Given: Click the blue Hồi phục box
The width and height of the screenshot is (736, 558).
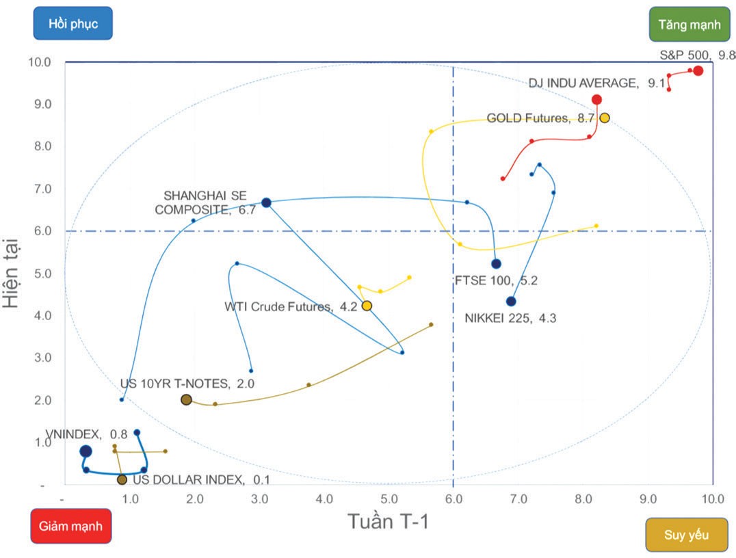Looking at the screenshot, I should pos(73,24).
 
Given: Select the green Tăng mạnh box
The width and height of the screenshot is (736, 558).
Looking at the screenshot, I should pos(689,25).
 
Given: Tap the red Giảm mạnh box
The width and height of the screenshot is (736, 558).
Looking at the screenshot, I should pos(71,527).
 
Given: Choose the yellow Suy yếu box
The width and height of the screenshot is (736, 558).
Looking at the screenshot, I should pos(686,534).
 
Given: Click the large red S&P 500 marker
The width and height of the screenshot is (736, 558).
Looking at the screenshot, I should pos(698,70).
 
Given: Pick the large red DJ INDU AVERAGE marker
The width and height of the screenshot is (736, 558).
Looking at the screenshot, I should pos(596,99).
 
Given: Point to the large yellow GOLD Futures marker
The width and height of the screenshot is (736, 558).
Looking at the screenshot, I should pos(604,118).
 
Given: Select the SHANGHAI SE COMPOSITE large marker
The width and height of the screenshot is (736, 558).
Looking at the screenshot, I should pos(266,202).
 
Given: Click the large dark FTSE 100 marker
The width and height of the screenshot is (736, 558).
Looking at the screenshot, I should pos(496,264).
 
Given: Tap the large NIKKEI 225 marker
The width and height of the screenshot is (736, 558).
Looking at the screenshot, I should pos(511,302).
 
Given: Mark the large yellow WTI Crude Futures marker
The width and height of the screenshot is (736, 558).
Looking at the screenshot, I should pos(367,306).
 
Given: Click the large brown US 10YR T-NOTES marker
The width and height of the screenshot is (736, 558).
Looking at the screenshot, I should pos(186,399).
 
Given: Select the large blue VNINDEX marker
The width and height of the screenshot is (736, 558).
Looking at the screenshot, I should pos(86,451).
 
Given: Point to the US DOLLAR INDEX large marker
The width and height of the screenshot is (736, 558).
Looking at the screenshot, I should pos(122,479).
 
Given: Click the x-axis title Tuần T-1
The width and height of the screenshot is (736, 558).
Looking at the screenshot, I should pos(388,522).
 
